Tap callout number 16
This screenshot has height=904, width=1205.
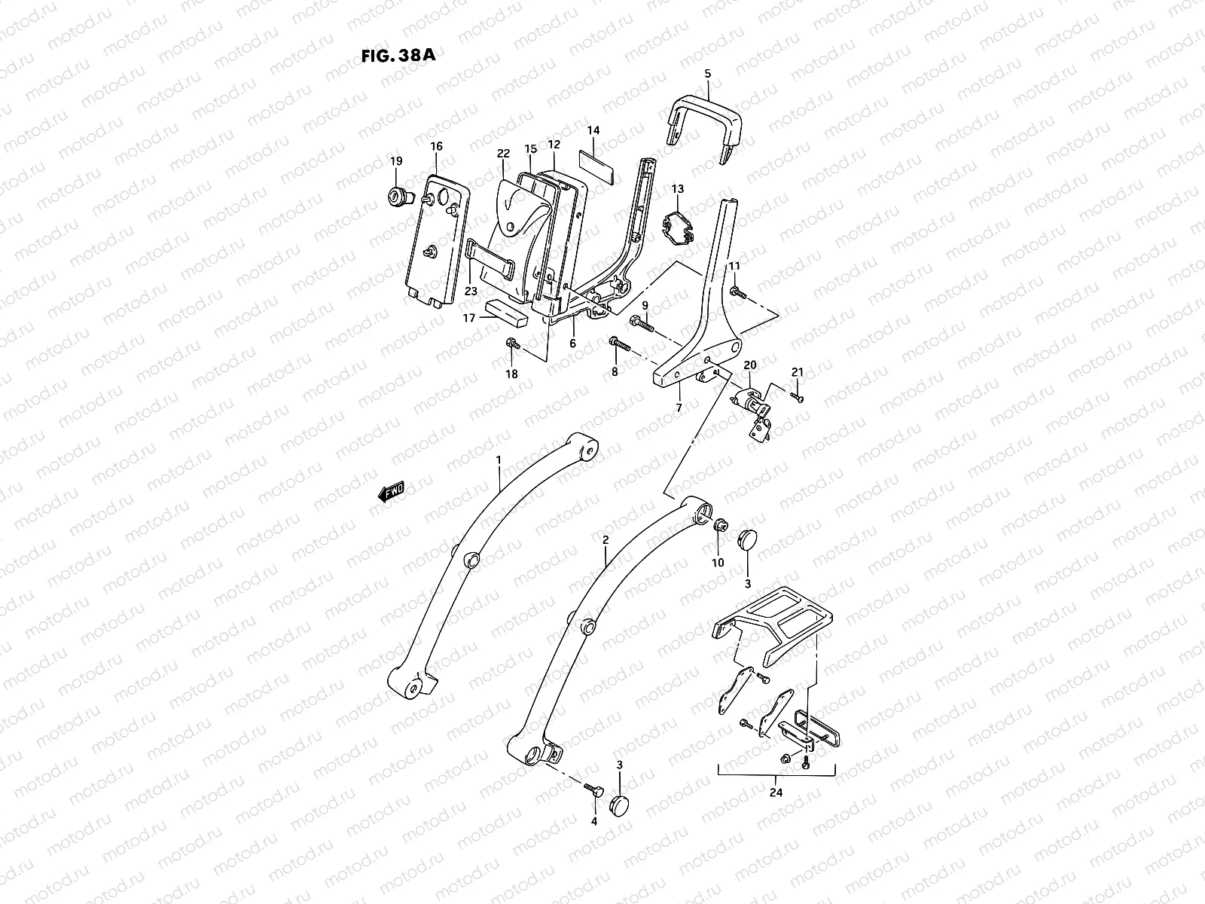pyautogui.click(x=437, y=146)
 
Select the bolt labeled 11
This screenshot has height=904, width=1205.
pyautogui.click(x=737, y=292)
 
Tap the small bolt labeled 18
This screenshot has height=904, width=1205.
pyautogui.click(x=512, y=344)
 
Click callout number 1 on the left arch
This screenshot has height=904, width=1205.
pyautogui.click(x=498, y=459)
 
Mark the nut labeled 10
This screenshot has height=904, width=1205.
pyautogui.click(x=720, y=524)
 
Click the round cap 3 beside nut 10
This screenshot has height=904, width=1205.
pyautogui.click(x=748, y=540)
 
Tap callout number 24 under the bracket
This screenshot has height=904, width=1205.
pyautogui.click(x=776, y=792)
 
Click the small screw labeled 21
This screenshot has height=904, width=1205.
pyautogui.click(x=798, y=398)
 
